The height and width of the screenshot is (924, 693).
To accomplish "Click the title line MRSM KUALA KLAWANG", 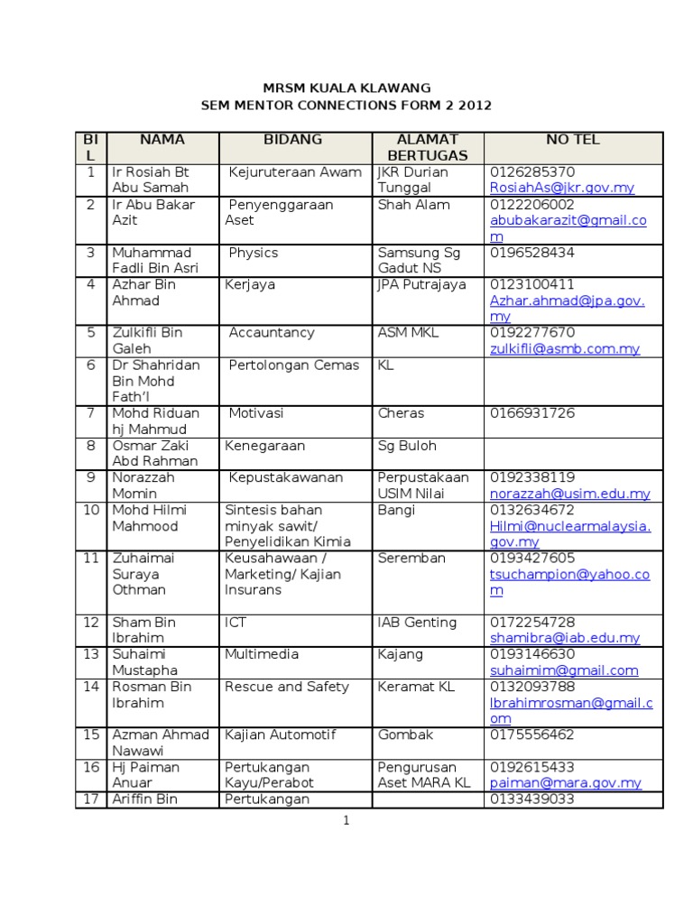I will tap(346, 88).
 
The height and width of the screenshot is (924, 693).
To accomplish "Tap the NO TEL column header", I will tap(572, 140).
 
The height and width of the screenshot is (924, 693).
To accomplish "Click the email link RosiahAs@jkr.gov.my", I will tap(561, 188).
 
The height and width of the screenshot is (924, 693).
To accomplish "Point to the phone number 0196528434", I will tap(532, 253).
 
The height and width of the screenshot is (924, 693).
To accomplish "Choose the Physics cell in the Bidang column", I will tap(254, 253).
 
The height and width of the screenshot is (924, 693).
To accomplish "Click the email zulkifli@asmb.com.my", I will tap(565, 348).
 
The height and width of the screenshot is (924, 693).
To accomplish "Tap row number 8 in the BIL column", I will tap(90, 446).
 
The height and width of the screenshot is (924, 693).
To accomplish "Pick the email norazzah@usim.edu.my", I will tap(570, 494).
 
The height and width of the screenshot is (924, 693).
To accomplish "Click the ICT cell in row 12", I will tap(236, 623).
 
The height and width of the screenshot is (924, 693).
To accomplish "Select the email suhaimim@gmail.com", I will tap(564, 670).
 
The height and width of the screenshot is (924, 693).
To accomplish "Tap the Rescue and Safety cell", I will tap(286, 687).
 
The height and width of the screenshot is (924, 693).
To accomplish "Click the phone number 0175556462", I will tap(531, 735).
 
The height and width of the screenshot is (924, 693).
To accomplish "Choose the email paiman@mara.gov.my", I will tap(566, 783).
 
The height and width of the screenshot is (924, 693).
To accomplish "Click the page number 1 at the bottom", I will tap(346, 820).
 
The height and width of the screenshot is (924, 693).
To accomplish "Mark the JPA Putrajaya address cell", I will tap(421, 285).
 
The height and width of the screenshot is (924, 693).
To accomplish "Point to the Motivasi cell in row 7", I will tap(256, 413).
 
